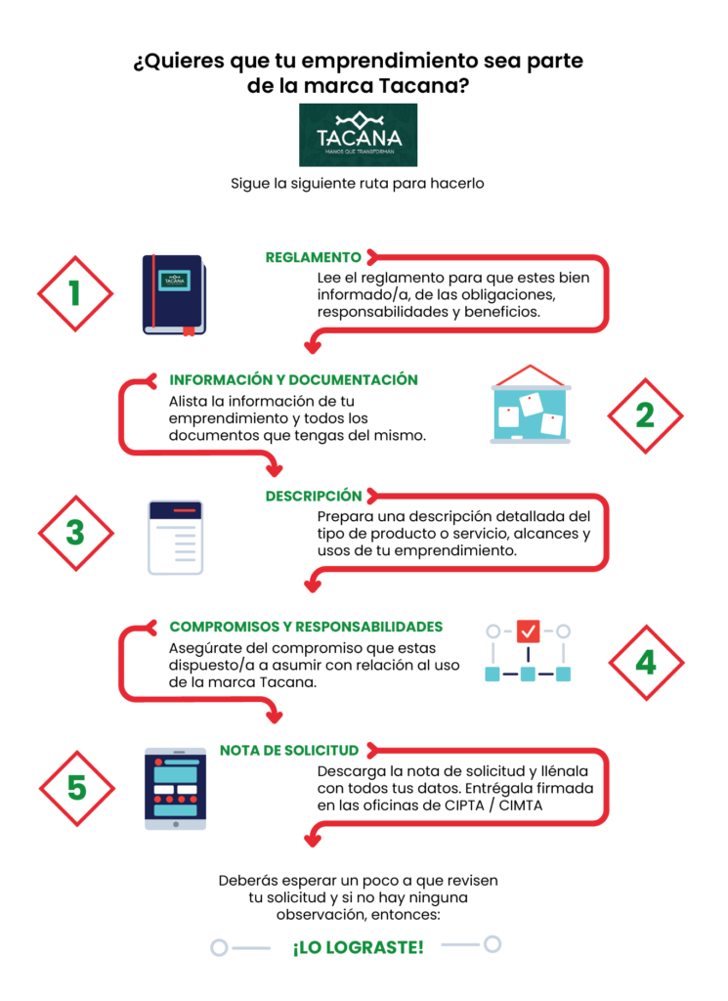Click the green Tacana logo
358,135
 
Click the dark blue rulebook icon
174,295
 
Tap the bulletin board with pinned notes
531,405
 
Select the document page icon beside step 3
176,538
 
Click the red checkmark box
529,631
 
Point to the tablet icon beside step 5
176,789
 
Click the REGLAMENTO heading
314,257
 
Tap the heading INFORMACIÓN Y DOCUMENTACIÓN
293,380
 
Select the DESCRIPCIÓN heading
314,496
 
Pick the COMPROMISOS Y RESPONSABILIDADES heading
306,627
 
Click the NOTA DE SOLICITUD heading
289,750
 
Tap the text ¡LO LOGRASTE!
358,947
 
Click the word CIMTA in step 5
521,805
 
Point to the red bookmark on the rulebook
189,330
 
